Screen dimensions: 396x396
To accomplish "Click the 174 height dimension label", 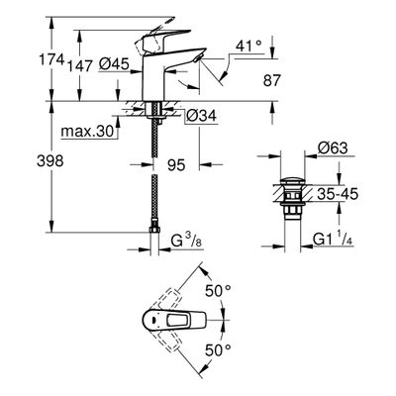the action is coord(51,60).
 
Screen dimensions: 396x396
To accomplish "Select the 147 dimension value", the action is coord(80,66).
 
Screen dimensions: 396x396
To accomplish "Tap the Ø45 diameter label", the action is coord(114,63).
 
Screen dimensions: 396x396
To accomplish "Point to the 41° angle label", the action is coord(248,46).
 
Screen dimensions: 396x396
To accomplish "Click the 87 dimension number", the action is coord(271,80).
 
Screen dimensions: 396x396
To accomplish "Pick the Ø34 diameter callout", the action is coord(201,116).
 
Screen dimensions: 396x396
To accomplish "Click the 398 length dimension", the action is coord(50,161).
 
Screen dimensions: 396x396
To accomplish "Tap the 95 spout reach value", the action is coord(176,165).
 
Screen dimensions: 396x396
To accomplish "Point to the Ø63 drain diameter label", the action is coord(333,148).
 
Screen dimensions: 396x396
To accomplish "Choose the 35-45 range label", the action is coord(338,194).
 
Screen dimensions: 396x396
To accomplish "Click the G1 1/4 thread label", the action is coord(333,239).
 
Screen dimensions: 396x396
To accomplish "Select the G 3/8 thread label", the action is coord(187,242).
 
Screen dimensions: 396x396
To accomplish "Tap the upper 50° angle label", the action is coord(218,291).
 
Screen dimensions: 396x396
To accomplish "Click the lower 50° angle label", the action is coord(218,349).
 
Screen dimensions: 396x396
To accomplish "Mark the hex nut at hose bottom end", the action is coord(154,230).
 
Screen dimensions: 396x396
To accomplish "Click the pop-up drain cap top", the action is coord(292,181).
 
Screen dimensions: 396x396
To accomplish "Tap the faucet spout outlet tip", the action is coord(198,58).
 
